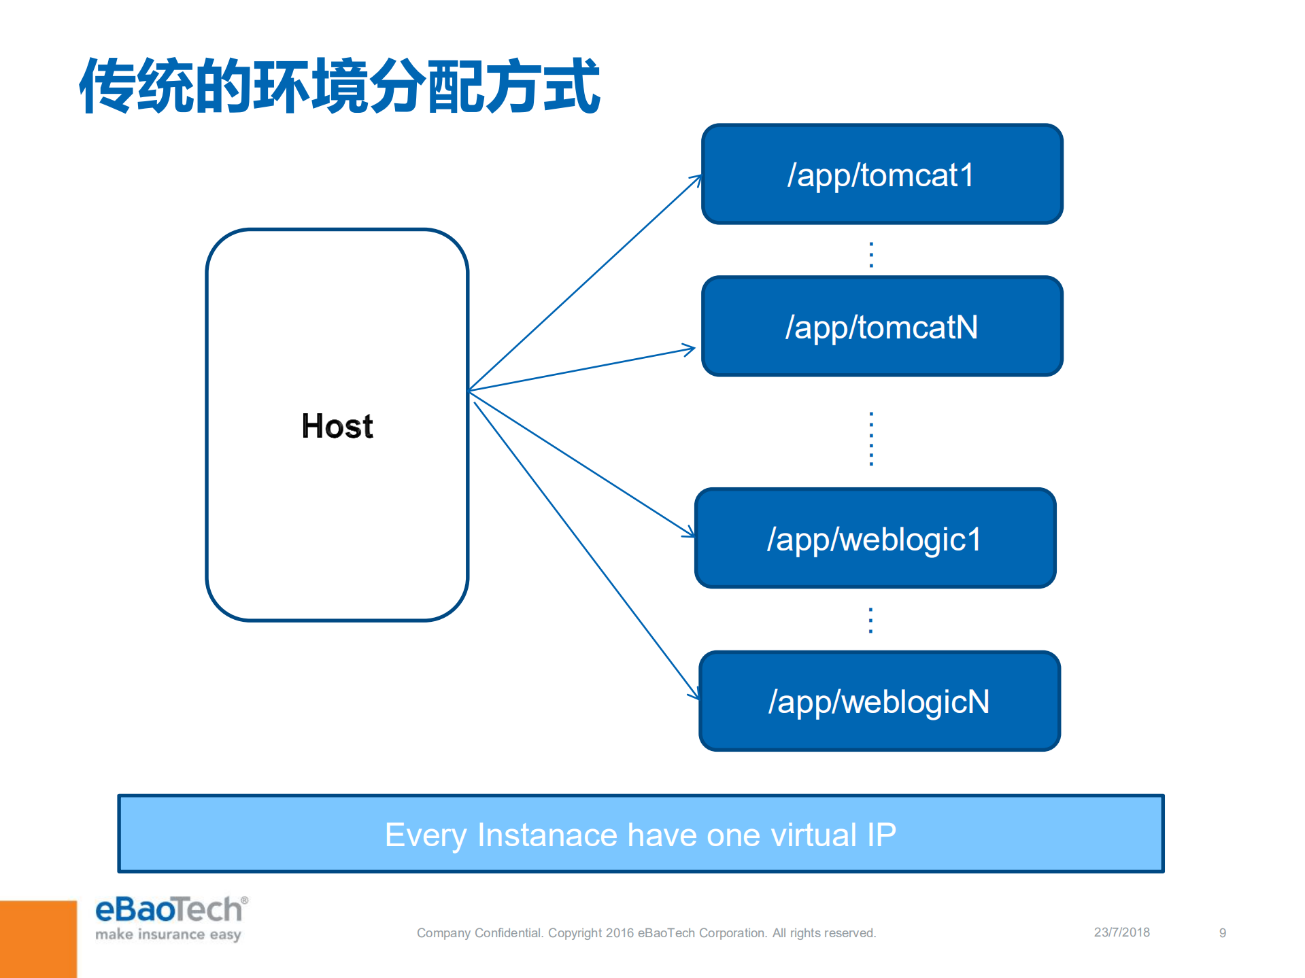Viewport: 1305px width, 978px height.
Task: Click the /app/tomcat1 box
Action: [x=881, y=175]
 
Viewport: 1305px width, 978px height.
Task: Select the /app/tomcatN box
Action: [x=881, y=327]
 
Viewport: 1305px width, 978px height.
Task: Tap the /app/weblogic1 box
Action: [x=875, y=539]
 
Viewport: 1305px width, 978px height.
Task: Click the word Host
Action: [x=337, y=427]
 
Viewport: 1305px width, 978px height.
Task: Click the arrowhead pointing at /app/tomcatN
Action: [x=689, y=350]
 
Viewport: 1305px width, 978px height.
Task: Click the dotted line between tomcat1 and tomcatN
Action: [x=871, y=254]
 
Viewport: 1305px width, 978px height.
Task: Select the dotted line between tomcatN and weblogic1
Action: [x=871, y=438]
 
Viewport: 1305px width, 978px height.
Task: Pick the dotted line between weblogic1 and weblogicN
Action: [x=870, y=620]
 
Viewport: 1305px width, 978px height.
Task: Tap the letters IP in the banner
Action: [x=881, y=835]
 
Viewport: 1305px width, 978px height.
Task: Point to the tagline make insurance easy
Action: [x=168, y=935]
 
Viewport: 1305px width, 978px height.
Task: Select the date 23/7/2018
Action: [x=1121, y=932]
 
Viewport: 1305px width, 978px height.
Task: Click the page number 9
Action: [x=1222, y=933]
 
